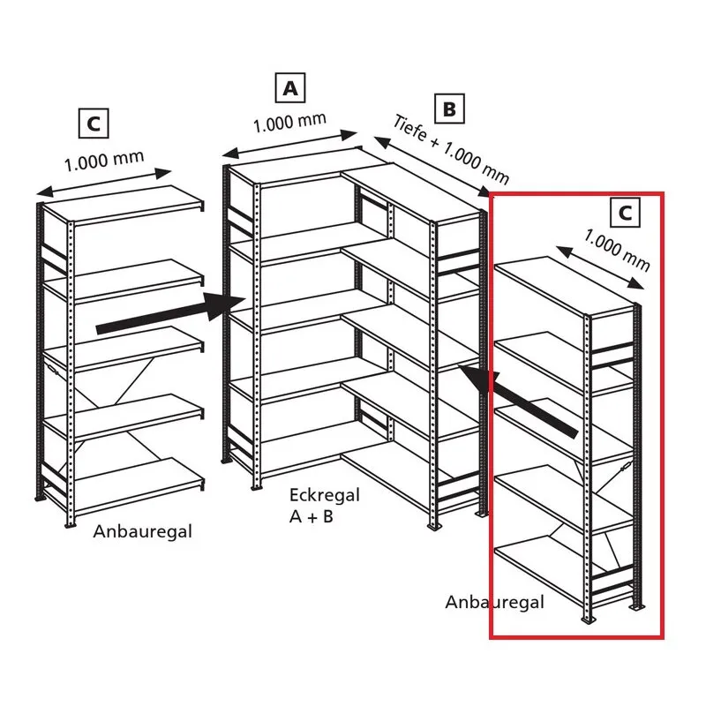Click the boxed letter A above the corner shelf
coord(290,87)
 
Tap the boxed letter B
coord(449,109)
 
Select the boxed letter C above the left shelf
coord(94,123)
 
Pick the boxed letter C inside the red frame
coord(625,213)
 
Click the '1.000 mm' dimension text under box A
coord(289,122)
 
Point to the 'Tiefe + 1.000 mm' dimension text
coord(451,149)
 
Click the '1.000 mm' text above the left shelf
coord(104,161)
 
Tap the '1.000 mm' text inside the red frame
coord(617,251)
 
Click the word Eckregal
coord(324,495)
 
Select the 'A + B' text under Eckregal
coord(312,516)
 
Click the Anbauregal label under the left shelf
coord(143,532)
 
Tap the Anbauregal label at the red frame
coord(494,602)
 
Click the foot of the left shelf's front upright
coord(70,524)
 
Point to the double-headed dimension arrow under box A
coord(290,144)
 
